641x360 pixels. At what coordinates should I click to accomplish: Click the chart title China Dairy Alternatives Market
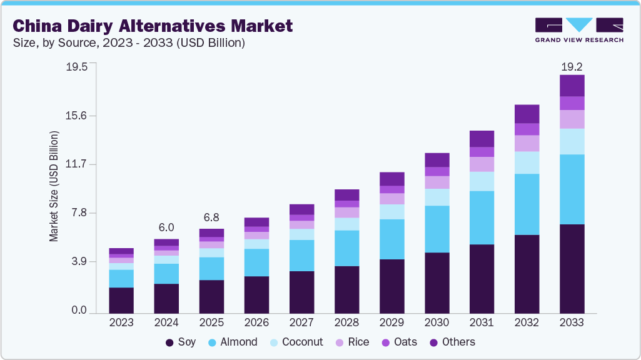point(153,26)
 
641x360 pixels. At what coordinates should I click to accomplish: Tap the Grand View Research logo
point(578,29)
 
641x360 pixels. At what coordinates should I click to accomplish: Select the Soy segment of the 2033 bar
point(572,268)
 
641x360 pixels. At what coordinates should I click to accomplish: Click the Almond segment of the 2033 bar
point(572,189)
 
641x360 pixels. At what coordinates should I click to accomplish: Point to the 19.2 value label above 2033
point(572,66)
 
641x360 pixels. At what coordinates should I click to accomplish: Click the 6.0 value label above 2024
point(166,227)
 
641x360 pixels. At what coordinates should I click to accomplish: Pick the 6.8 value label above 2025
point(211,217)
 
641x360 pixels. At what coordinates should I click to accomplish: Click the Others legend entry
point(452,342)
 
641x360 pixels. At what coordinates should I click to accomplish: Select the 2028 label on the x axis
point(346,322)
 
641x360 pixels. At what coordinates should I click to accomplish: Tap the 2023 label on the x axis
point(121,322)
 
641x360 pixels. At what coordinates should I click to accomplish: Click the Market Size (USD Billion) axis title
point(54,187)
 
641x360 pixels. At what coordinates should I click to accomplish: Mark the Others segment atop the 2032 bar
point(527,114)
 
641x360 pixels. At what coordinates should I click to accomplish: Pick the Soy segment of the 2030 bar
point(437,282)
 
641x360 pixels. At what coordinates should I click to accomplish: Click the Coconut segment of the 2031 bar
point(482,181)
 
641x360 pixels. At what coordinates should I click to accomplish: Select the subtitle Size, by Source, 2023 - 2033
point(128,43)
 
